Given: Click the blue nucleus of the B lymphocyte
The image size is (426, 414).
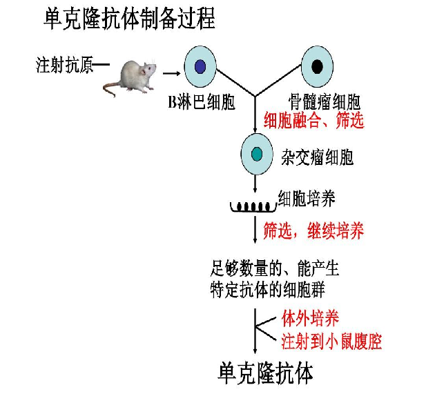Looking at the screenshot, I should click(x=200, y=66).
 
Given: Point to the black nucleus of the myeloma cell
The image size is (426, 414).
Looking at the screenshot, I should click(x=317, y=66).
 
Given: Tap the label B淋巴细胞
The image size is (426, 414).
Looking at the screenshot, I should click(x=202, y=103).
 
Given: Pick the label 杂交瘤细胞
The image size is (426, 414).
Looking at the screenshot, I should click(x=317, y=157).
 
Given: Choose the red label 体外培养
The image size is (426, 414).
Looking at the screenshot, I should click(x=310, y=318).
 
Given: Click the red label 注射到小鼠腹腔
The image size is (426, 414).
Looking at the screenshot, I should click(x=331, y=341).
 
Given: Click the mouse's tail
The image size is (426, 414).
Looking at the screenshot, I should click(x=110, y=87).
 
